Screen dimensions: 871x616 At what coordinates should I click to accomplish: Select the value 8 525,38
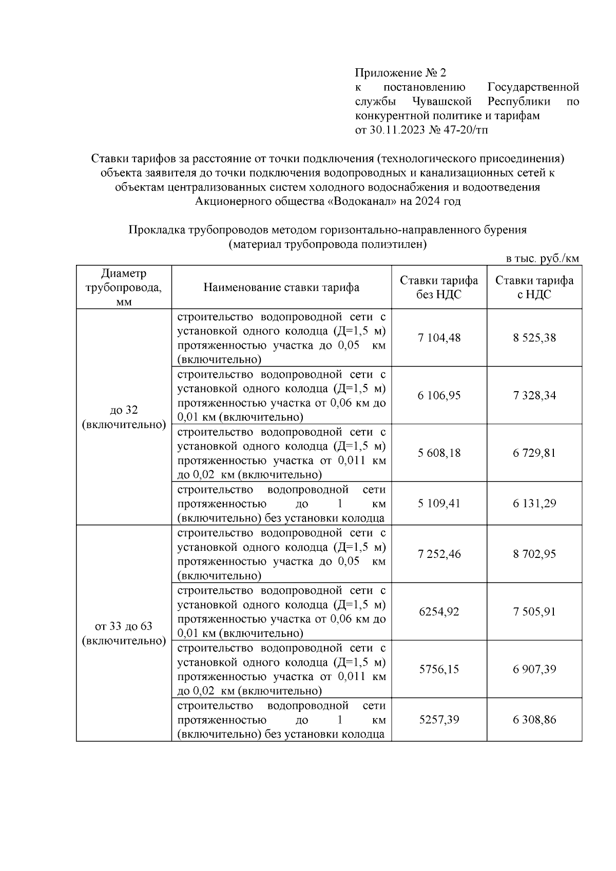534,338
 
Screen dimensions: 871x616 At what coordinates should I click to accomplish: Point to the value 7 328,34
534,395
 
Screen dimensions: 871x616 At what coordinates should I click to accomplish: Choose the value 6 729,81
534,453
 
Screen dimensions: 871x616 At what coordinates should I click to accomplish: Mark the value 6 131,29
534,503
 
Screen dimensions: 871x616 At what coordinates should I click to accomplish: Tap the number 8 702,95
534,554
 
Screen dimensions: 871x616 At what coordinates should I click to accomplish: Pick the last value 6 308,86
534,719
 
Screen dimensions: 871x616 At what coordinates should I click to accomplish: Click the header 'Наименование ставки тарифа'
281,287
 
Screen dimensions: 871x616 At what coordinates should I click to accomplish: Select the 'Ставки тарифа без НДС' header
439,287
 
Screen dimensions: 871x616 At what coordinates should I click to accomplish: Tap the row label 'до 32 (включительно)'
124,417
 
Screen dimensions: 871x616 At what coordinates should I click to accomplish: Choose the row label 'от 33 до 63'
124,626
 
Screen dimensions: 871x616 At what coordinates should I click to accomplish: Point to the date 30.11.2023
397,130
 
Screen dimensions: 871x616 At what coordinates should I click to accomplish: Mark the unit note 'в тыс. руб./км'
542,259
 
